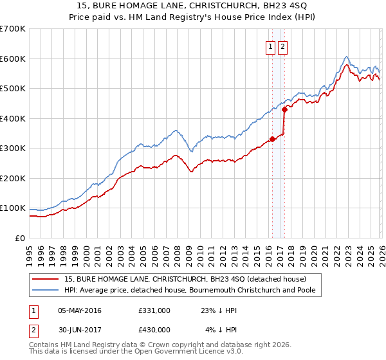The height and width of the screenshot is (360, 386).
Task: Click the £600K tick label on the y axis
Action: (13, 59)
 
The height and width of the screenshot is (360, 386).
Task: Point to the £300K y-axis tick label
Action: (13, 148)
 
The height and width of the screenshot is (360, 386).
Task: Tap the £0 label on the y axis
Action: (19, 238)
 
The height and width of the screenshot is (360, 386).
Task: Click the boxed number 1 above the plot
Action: (271, 46)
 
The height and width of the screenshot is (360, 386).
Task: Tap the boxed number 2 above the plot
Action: (283, 46)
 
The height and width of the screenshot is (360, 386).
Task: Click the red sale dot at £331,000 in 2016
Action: (271, 139)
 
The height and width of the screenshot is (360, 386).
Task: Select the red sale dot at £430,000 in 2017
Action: (284, 109)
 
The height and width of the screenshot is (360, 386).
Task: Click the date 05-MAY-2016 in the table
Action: (80, 310)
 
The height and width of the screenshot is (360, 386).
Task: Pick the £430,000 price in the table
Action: (154, 330)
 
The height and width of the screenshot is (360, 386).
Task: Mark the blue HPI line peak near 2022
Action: (346, 56)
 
